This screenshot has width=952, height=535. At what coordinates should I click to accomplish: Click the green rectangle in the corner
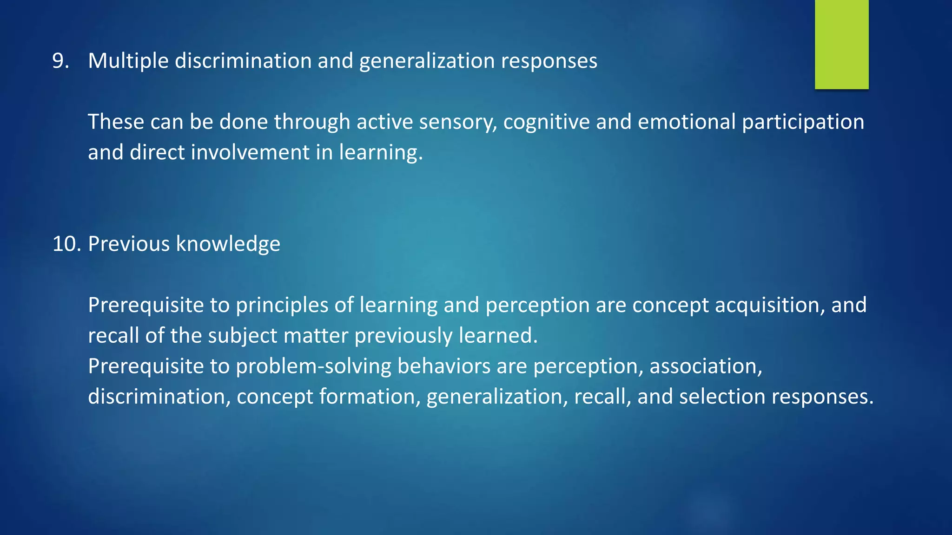coord(841,44)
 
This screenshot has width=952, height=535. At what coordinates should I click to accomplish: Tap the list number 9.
coord(60,61)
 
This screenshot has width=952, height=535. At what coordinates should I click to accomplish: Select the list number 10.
coord(66,244)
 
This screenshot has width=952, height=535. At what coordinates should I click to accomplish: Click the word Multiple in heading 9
coord(128,61)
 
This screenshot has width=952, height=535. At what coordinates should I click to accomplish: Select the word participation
coord(803,122)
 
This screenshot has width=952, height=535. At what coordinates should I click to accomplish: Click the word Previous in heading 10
coord(129,244)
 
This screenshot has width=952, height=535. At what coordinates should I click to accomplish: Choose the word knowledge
coord(228,244)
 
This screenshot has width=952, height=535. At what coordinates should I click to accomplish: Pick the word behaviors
coord(444,366)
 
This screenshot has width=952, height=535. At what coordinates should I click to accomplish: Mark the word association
coord(706,366)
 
